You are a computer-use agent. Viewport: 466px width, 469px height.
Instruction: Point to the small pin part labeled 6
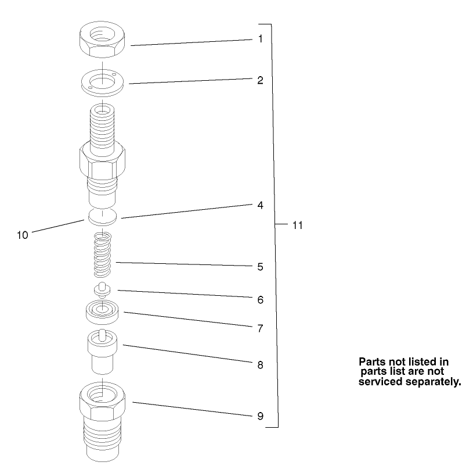coord(103,289)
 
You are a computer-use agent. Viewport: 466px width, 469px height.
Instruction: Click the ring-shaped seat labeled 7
coord(103,312)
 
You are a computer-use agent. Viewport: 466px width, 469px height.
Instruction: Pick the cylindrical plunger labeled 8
coord(103,352)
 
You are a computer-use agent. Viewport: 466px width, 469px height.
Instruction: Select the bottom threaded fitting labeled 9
coord(103,418)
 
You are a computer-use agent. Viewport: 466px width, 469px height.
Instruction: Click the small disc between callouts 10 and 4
coord(103,216)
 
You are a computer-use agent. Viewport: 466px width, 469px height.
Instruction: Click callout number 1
coord(261,39)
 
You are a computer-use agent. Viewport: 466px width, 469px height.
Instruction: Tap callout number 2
coord(261,80)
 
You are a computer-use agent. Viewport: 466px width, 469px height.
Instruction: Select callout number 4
coord(261,205)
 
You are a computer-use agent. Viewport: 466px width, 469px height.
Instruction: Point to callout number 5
coord(261,267)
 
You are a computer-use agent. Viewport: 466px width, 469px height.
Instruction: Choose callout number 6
coord(261,300)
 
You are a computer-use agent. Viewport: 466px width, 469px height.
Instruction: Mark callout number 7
coord(261,328)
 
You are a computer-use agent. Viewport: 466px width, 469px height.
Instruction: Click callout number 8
coord(261,365)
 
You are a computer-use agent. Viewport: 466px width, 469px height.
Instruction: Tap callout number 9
coord(261,416)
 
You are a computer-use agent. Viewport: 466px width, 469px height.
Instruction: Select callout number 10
coord(23,235)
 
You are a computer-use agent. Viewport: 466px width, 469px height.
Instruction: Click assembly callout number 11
coord(297,225)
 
